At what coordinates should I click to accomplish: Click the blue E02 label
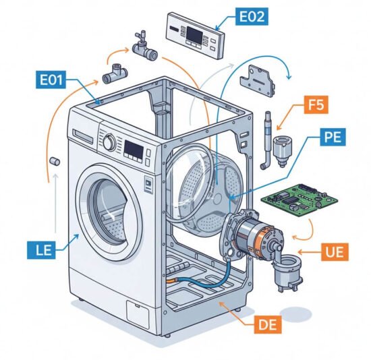pyautogui.click(x=252, y=16)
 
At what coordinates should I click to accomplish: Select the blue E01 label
pyautogui.click(x=51, y=80)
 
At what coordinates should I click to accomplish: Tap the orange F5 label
pyautogui.click(x=316, y=104)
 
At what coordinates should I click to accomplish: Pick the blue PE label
pyautogui.click(x=333, y=137)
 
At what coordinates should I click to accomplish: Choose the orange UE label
pyautogui.click(x=335, y=251)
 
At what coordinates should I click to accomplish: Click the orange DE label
pyautogui.click(x=268, y=324)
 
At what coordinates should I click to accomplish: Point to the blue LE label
pyautogui.click(x=41, y=250)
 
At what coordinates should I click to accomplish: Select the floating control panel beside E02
pyautogui.click(x=196, y=36)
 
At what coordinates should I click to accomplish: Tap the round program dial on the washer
pyautogui.click(x=109, y=142)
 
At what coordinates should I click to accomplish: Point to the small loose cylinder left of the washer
pyautogui.click(x=55, y=161)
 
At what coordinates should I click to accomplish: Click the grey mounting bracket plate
pyautogui.click(x=258, y=81)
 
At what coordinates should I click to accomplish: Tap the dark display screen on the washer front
pyautogui.click(x=134, y=149)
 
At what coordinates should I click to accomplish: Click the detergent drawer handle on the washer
pyautogui.click(x=83, y=136)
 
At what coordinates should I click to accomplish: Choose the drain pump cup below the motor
pyautogui.click(x=288, y=271)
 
